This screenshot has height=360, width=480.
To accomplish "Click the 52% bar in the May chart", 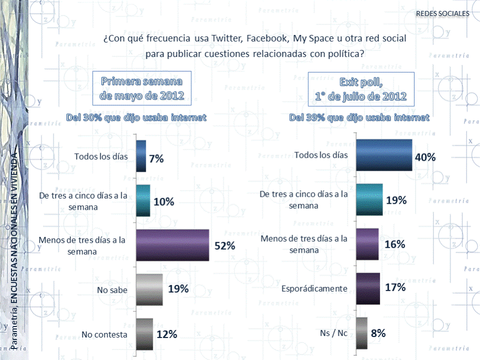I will click(x=172, y=245).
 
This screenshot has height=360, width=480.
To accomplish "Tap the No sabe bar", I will click(x=149, y=290).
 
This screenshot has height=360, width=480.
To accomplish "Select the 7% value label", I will click(x=156, y=159).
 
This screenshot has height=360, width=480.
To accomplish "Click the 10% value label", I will click(x=164, y=202).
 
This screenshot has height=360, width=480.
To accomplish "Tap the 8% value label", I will click(x=378, y=333).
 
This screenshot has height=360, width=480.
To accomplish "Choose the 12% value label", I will click(x=167, y=334).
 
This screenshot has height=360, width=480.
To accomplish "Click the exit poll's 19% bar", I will click(x=370, y=200).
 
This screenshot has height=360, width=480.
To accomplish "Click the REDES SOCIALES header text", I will click(x=443, y=13).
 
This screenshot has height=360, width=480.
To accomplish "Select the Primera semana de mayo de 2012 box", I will click(x=141, y=88).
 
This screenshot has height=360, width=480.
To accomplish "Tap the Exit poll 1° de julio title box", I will click(x=361, y=88).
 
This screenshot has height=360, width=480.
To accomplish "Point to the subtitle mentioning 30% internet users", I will click(x=137, y=118).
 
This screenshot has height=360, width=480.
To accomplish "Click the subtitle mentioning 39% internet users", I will click(x=359, y=118).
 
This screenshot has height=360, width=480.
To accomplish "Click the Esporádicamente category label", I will click(x=314, y=289).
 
